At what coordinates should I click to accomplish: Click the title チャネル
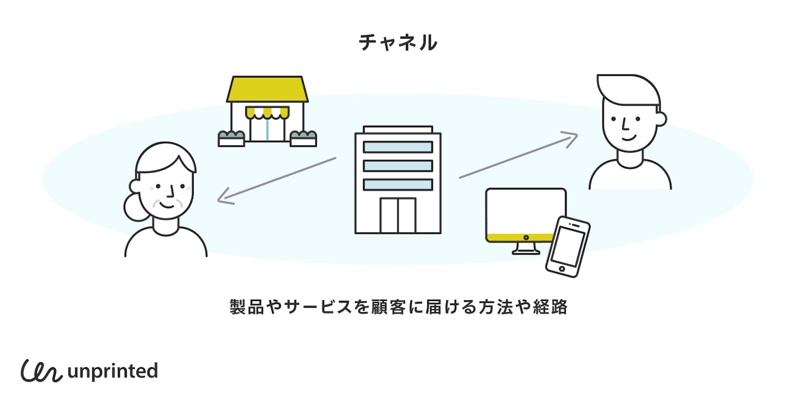pyautogui.click(x=398, y=43)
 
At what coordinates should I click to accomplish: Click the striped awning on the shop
pyautogui.click(x=267, y=112)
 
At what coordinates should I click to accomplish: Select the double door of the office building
pyautogui.click(x=398, y=215)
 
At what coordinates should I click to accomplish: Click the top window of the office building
pyautogui.click(x=398, y=147)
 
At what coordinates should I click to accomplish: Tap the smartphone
pyautogui.click(x=568, y=246)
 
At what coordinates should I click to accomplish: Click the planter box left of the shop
pyautogui.click(x=231, y=139)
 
